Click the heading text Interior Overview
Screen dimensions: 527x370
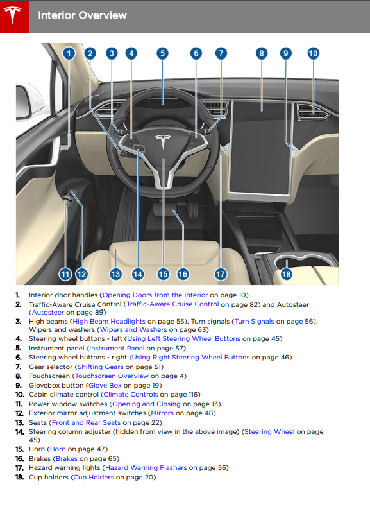(x=82, y=15)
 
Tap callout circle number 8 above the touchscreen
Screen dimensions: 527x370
(x=261, y=53)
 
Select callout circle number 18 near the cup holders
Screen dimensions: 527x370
(x=286, y=274)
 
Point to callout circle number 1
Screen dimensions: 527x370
(x=69, y=53)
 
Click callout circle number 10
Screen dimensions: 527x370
(x=313, y=53)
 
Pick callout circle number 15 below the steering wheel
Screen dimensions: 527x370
(x=163, y=274)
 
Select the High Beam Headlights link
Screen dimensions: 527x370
(x=108, y=321)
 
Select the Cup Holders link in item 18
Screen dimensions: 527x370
(x=93, y=477)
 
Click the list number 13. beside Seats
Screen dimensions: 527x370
(x=19, y=422)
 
